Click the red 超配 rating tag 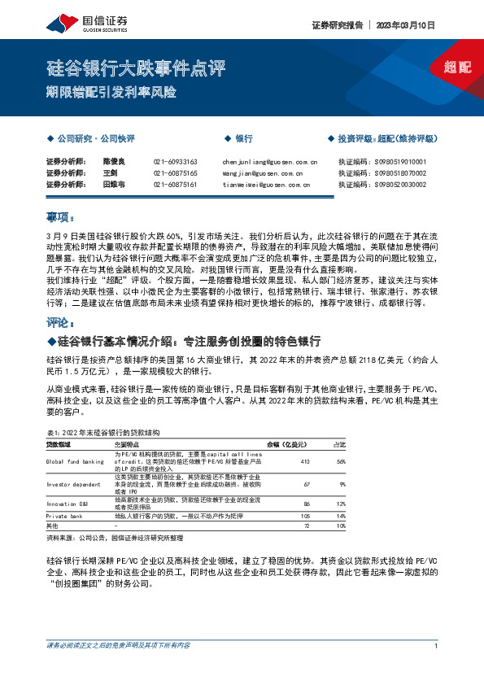tap(457, 68)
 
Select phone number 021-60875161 tap(175, 185)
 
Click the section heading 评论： tap(60, 322)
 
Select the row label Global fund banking tap(75, 462)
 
